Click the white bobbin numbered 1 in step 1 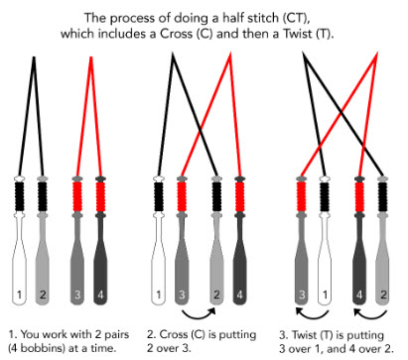[x=19, y=241]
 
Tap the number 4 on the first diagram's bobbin [x=100, y=295]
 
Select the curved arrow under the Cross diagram [x=199, y=313]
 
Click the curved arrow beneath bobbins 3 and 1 [x=312, y=313]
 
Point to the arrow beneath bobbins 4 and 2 [x=370, y=313]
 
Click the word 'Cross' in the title [x=177, y=34]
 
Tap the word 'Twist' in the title [x=297, y=34]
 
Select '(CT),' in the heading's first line [x=297, y=18]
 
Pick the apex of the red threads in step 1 [x=91, y=58]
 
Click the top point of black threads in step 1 [x=34, y=58]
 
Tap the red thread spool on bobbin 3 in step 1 [x=77, y=196]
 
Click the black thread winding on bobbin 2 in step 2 [x=216, y=196]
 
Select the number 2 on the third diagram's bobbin [x=383, y=295]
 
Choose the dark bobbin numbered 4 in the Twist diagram [x=359, y=241]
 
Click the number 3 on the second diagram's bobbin [x=182, y=295]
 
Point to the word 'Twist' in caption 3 [x=305, y=335]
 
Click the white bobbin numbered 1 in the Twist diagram [x=325, y=241]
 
